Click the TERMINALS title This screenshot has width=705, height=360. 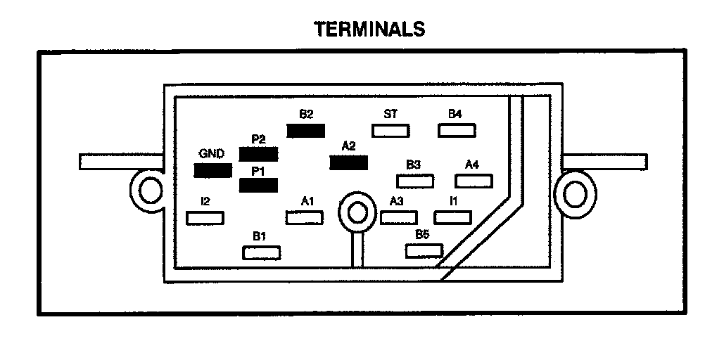369,29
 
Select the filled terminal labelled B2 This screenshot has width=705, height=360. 305,130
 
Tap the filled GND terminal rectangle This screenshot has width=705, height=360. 212,170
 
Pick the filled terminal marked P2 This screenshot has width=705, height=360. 258,153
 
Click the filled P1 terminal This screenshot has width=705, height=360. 258,186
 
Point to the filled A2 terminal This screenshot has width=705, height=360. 348,163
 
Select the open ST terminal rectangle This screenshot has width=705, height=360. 390,130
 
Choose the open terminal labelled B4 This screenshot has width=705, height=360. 457,130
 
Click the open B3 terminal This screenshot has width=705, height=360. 414,181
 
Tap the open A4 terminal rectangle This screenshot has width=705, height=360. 474,181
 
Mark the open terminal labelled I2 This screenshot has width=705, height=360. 205,218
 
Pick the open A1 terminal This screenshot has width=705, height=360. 305,218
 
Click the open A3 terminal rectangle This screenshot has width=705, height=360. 399,217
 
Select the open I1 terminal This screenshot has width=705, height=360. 451,217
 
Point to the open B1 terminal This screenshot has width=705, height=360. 261,252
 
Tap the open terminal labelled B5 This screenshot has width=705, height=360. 424,250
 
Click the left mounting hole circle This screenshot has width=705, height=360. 149,190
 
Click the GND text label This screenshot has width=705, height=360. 211,153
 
